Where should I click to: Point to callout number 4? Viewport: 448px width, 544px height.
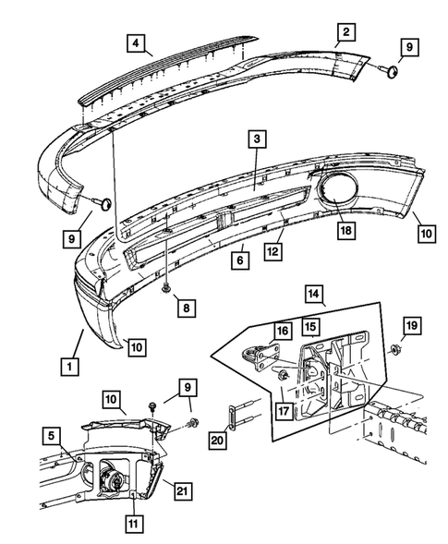tap(136, 42)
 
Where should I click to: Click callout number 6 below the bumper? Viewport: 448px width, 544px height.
tap(240, 261)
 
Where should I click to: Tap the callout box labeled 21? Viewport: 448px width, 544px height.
tap(183, 489)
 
